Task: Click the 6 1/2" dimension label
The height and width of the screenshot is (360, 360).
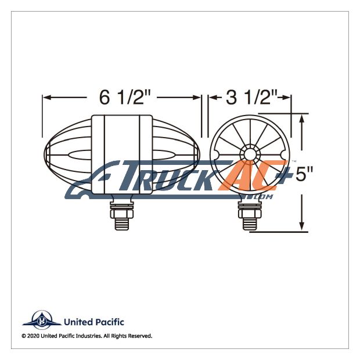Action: point(125,98)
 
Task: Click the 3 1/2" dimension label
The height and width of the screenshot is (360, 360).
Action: point(252,98)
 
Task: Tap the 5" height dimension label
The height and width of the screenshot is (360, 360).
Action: point(304,174)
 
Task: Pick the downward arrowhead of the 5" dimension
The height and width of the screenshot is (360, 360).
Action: point(302,226)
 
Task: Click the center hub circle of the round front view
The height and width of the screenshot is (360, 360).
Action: point(250,154)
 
